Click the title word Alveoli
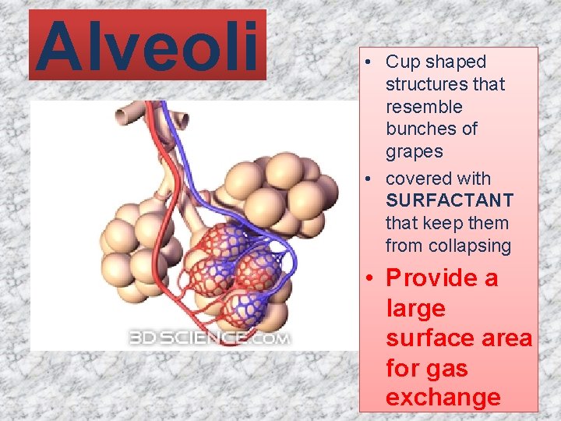coord(146,44)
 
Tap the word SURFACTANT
coord(450,201)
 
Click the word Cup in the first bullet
coord(403,62)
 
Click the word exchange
coord(443,397)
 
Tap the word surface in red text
coord(426,338)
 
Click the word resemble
coord(424,106)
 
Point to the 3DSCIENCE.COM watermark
coord(210,338)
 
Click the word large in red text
coord(415,309)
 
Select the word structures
coord(445,83)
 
